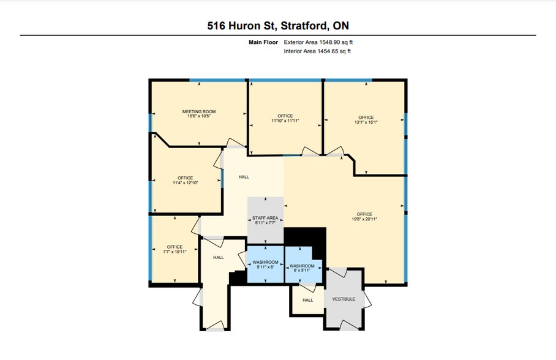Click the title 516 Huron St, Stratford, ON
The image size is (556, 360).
277,26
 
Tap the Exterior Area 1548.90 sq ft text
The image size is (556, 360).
318,42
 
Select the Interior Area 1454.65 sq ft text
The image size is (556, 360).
317,51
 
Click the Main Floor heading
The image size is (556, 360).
262,42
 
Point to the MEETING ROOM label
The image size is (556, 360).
199,111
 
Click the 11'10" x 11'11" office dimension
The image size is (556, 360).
285,121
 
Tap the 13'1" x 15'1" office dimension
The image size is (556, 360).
366,122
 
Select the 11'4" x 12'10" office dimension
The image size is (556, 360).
185,182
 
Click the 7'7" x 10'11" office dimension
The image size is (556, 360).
175,252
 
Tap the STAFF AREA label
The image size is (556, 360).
265,218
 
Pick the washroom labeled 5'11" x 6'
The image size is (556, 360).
265,266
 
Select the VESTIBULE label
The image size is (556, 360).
344,300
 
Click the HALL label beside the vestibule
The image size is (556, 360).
307,300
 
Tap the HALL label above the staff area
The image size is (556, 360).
244,178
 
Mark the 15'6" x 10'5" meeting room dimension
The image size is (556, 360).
199,116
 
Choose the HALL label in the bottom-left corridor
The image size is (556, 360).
218,258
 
